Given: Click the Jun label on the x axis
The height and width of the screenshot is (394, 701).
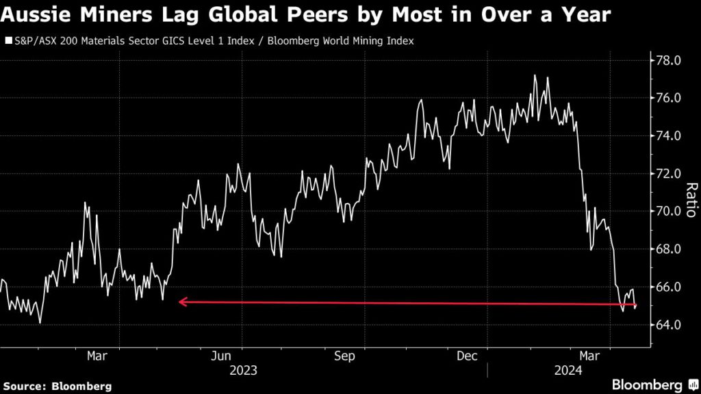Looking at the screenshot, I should coord(220,356).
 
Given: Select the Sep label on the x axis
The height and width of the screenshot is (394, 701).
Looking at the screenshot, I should coord(344,356).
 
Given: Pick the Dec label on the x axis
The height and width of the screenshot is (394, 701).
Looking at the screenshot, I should coord(467,356).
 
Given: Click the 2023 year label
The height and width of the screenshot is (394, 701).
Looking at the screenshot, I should coord(243,371).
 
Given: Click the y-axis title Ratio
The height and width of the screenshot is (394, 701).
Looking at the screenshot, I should coord(691,201).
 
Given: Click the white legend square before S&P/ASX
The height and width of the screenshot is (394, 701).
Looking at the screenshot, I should coord(8,41).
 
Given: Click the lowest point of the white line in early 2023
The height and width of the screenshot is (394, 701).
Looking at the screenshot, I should coord(40,323).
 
